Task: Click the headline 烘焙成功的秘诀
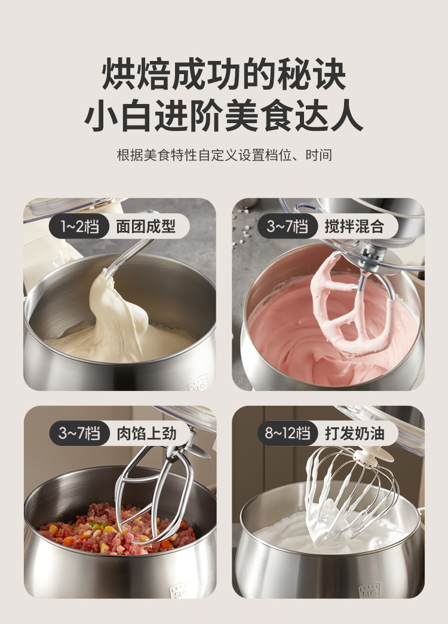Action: tap(224, 75)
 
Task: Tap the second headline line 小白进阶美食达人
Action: tap(224, 115)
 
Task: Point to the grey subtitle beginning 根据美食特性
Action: tap(225, 155)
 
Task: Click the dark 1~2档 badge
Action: tap(79, 227)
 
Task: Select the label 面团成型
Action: tap(146, 227)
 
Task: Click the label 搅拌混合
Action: tap(354, 227)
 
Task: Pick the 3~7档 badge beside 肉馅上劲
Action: tap(79, 433)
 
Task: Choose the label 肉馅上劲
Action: tap(146, 433)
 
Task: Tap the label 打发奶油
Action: tap(354, 433)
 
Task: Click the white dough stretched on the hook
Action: tap(115, 314)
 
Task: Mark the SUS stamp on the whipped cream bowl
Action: tap(369, 591)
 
